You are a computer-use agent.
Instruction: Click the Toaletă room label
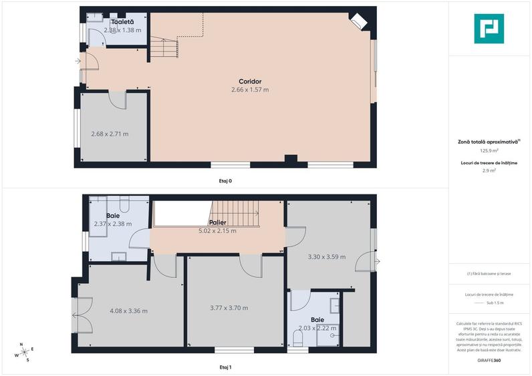click(122, 22)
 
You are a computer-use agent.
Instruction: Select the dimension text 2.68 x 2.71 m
click(110, 134)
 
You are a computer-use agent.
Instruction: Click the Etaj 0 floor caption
click(225, 180)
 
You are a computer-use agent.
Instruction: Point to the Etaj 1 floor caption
click(225, 367)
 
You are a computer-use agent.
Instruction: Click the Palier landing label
click(218, 222)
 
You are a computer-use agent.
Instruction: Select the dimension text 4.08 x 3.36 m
click(128, 311)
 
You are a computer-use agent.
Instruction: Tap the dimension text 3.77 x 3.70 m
click(229, 308)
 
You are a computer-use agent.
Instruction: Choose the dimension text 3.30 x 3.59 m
click(326, 256)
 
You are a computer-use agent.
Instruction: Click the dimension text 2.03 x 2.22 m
click(317, 328)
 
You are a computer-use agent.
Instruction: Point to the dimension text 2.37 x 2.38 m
click(113, 224)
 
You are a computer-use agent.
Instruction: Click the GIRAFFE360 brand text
click(489, 361)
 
